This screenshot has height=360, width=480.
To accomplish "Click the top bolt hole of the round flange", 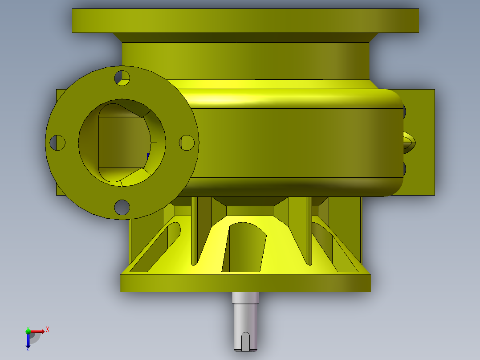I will pos(122,78).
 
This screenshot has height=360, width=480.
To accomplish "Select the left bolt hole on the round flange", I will pos(57,143).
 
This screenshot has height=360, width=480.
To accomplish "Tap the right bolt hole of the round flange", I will pos(187,143).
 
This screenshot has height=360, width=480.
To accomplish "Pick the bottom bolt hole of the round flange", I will pos(122,207).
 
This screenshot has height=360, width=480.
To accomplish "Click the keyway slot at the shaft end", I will pos(245,341).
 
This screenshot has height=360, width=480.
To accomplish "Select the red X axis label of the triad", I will pos(48,329).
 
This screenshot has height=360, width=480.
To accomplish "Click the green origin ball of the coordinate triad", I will pos(28,331).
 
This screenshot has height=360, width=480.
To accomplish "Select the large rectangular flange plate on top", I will pos(245,20).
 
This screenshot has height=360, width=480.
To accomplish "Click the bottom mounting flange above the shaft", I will pos(245,283).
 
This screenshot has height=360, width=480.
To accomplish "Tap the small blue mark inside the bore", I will pos(148,157).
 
